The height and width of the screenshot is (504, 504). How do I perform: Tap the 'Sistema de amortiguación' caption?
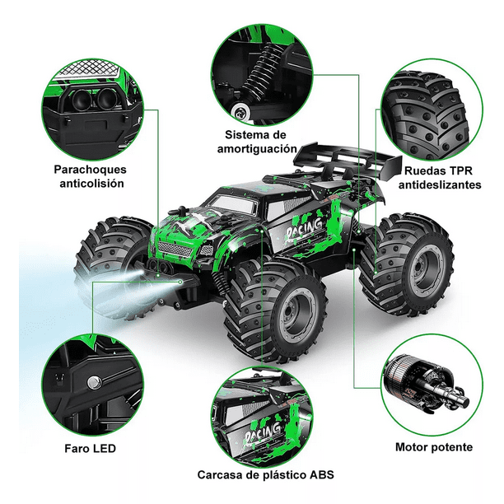click(x=258, y=141)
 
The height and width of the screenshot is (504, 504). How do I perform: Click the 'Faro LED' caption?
click(x=91, y=449)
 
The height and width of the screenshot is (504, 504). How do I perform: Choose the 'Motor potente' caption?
click(x=433, y=447)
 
